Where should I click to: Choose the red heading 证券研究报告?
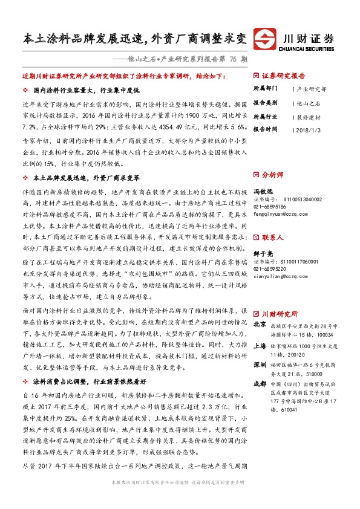click(x=283, y=77)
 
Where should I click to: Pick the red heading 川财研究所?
click(x=279, y=314)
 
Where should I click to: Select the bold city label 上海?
click(x=260, y=346)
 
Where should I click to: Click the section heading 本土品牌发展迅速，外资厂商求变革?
click(x=87, y=178)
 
